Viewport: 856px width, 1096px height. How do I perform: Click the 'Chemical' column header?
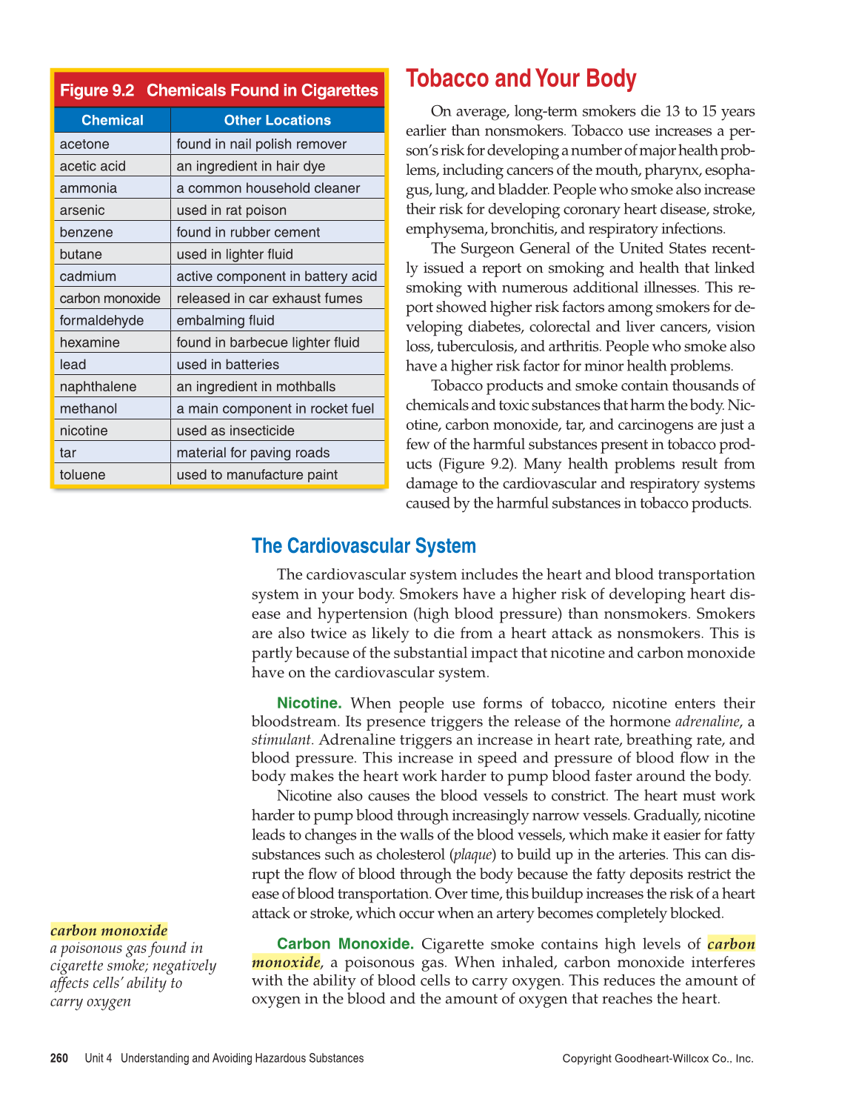point(112,120)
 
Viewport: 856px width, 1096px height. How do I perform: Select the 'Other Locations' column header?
point(277,120)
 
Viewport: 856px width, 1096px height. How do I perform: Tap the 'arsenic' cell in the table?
point(82,210)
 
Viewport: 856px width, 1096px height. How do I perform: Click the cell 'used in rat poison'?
point(231,210)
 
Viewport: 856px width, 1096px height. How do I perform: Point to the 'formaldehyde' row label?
point(101,320)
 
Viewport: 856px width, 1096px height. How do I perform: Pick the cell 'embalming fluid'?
point(225,320)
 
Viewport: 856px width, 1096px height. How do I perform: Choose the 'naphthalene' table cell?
point(98,387)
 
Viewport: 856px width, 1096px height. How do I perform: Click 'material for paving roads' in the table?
point(253,453)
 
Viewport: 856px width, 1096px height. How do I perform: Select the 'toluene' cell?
point(82,475)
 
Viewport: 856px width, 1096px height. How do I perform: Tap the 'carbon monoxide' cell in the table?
point(110,299)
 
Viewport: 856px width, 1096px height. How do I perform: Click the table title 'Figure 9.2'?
point(97,90)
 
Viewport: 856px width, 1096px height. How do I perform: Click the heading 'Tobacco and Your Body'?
point(521,79)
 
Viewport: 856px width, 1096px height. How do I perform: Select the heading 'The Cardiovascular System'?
point(364,546)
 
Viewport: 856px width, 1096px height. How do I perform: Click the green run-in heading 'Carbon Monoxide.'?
point(344,944)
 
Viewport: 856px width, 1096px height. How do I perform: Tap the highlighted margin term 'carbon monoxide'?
point(109,931)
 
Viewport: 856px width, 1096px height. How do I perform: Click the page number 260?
point(59,1058)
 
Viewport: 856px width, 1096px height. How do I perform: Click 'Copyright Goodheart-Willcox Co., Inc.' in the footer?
point(658,1058)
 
